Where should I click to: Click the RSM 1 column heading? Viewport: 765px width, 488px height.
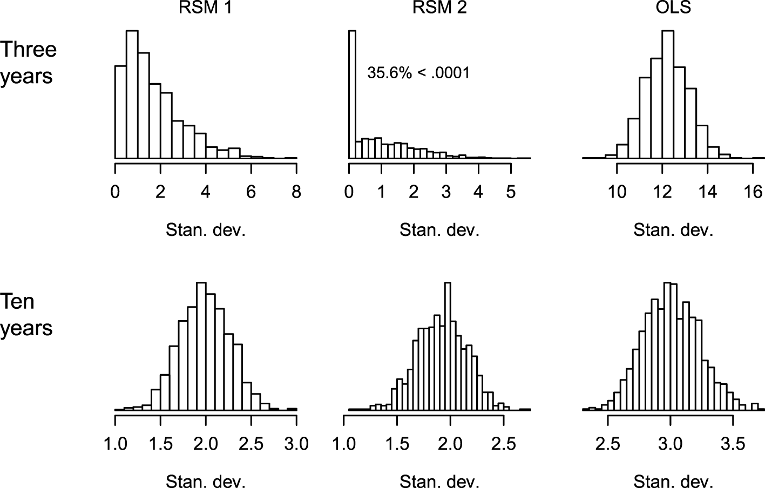pos(206,7)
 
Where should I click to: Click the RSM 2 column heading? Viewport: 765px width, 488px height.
pos(439,7)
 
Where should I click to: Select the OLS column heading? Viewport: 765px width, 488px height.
pos(673,7)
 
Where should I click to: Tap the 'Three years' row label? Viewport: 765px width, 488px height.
pos(28,63)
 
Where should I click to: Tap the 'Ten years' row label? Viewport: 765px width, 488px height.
pos(26,314)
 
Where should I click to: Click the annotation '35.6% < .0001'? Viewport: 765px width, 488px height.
pos(418,73)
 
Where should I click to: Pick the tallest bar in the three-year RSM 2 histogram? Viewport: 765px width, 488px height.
pos(352,94)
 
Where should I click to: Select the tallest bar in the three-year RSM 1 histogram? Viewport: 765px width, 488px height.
pos(132,94)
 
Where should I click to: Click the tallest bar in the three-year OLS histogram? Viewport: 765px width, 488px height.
pos(667,94)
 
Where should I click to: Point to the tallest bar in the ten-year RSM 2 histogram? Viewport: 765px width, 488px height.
pos(446,346)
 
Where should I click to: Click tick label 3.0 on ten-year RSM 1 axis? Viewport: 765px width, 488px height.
pos(296,444)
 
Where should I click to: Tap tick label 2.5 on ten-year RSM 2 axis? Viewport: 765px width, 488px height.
pos(503,444)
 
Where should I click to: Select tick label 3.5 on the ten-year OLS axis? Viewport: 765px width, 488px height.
pos(733,444)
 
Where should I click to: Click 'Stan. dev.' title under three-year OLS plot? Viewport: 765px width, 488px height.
pos(673,231)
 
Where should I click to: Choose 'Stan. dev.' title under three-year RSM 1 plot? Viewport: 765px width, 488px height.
pos(206,231)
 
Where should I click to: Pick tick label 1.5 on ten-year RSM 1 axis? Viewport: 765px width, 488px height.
pos(160,444)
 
